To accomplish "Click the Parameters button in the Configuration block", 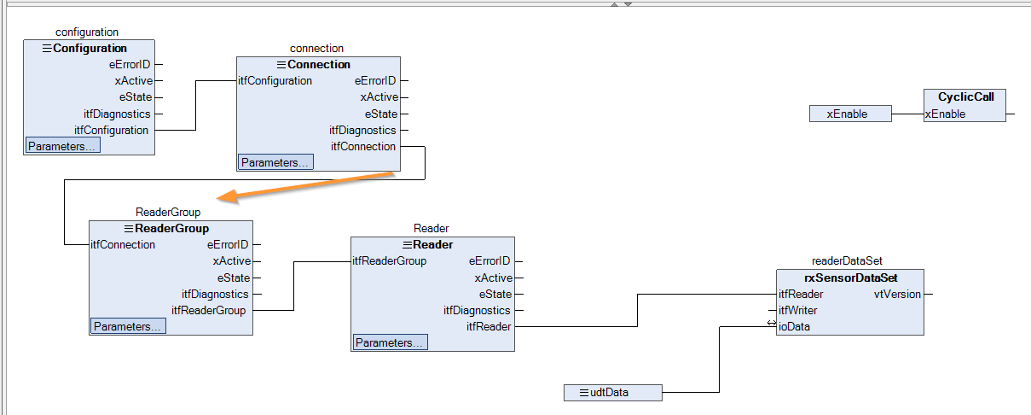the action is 63,146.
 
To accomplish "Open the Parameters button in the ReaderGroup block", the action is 128,326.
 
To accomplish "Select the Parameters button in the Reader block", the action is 390,342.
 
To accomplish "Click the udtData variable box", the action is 613,393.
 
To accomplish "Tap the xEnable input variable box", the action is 850,114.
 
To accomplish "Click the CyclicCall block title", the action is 966,96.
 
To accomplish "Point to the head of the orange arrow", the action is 217,198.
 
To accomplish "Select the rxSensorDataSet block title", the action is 850,278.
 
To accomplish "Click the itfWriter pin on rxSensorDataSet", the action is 797,310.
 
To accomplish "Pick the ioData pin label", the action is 794,326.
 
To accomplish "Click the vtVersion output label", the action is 897,295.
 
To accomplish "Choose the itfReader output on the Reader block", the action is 489,326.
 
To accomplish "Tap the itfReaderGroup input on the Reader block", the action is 390,261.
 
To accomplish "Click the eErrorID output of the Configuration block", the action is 130,65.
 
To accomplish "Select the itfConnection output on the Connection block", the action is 363,147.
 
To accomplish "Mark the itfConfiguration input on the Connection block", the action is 275,81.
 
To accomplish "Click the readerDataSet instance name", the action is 847,261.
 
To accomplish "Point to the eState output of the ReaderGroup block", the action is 234,278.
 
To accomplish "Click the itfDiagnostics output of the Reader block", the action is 477,311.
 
